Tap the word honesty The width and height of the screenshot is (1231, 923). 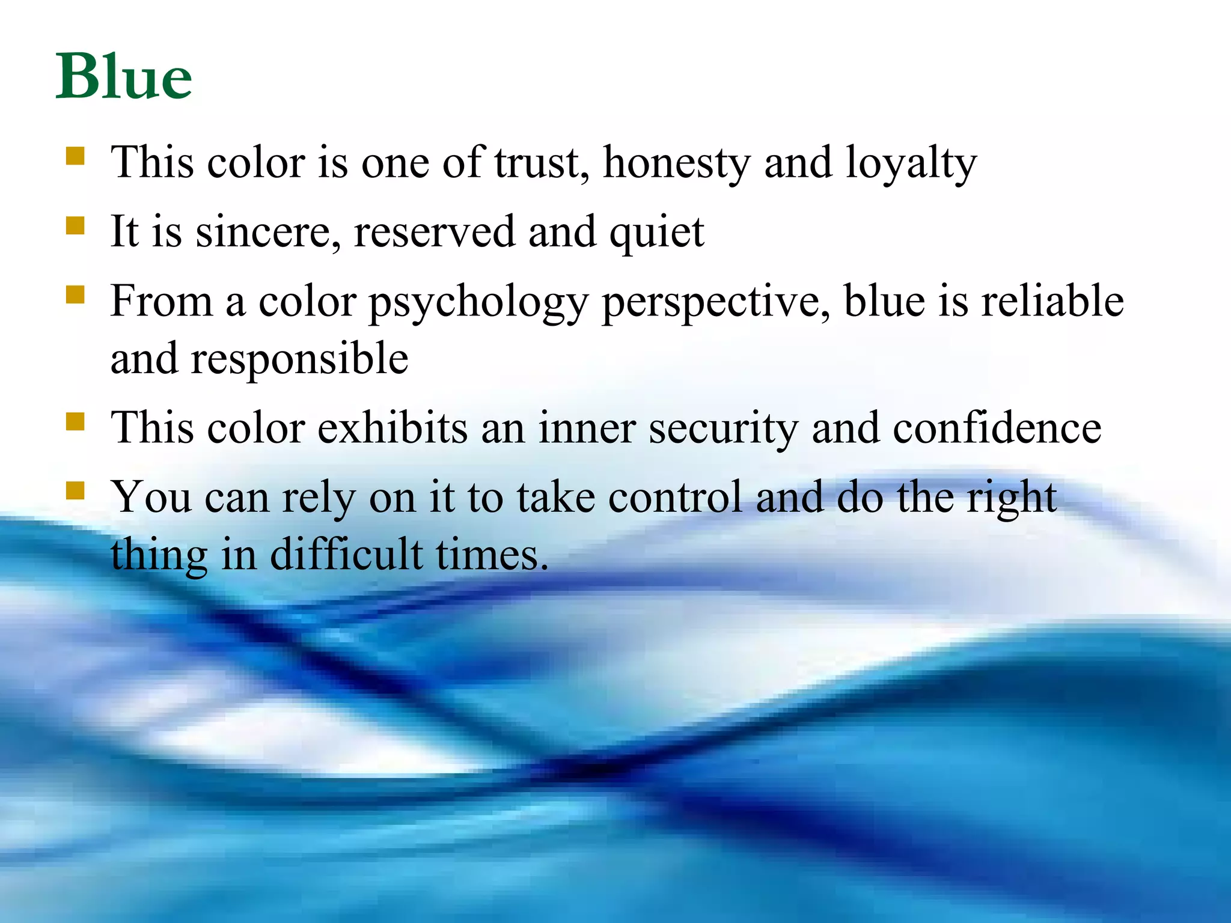pos(677,163)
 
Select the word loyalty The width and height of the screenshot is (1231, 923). pos(911,163)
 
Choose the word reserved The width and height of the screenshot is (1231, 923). pos(434,232)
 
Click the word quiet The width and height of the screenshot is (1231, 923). pos(656,233)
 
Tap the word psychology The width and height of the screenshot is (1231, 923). pos(478,302)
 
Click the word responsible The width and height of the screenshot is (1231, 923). pos(299,359)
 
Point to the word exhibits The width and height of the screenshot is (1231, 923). pos(393,428)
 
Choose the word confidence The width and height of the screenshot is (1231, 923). pos(997,428)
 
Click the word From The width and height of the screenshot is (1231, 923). pos(161,301)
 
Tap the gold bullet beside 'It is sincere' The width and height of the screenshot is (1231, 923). pos(75,226)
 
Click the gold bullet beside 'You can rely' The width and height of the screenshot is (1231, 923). pos(75,491)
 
